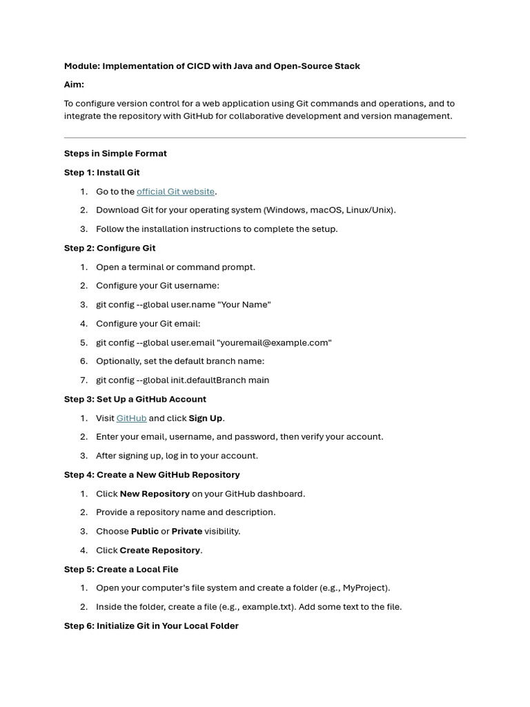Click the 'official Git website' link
tap(175, 191)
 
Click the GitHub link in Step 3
tap(131, 418)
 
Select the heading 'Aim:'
tap(74, 84)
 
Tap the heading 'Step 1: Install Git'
tap(101, 173)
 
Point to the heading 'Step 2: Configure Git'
tap(110, 248)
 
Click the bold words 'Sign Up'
tap(206, 418)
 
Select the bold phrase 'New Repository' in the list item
tap(155, 494)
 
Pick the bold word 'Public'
tap(144, 531)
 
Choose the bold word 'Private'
tap(186, 531)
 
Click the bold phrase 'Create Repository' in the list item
tap(159, 550)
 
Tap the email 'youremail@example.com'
tap(274, 342)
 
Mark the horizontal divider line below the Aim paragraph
tap(265, 137)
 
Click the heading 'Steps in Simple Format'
tap(115, 153)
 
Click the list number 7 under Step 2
tap(84, 380)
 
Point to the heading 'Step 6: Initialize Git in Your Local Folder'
tap(151, 626)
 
